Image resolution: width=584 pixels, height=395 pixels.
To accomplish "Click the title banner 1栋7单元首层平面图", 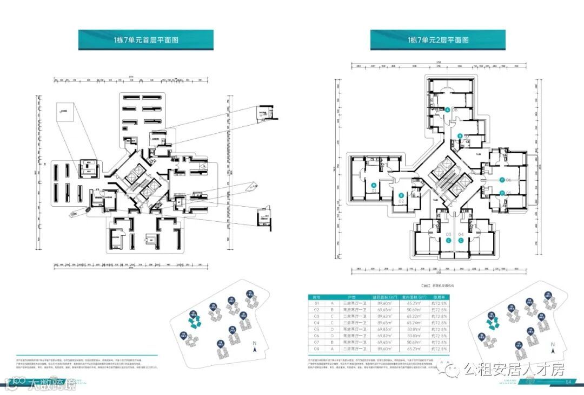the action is pos(146,40).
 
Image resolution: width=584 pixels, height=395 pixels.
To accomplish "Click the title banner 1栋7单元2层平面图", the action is pos(438,40).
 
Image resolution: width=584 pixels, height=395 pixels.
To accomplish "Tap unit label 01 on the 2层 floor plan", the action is pos(374,190).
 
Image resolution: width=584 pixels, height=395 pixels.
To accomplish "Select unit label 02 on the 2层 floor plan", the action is pos(401,201).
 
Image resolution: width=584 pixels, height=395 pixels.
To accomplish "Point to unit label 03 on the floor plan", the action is pos(448,234).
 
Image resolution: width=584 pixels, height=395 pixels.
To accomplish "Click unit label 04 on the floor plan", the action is pos(461,234).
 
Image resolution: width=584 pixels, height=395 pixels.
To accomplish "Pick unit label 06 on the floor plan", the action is pos(508,180).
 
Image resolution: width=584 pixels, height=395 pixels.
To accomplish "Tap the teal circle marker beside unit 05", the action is pos(502,193).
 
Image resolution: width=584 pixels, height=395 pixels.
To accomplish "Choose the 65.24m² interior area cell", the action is pos(412,322).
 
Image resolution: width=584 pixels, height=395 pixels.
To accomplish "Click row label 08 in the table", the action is pos(317,349).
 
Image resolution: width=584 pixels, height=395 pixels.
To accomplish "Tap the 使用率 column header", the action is pos(437,297).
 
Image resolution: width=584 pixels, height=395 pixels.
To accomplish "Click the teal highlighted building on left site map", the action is pos(194,323).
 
